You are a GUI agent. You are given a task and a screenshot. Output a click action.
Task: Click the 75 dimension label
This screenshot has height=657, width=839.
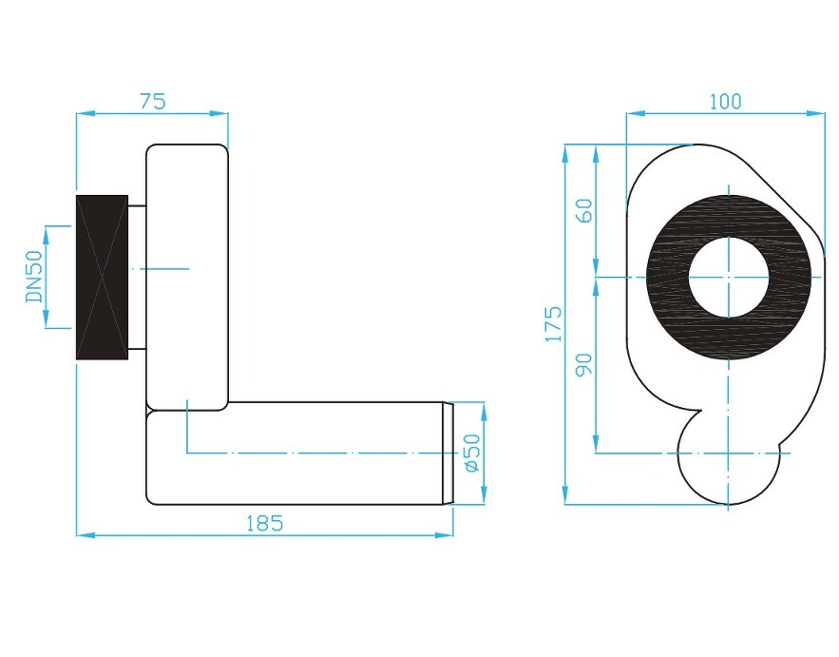(x=153, y=101)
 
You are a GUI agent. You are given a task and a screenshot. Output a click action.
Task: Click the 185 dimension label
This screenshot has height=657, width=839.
(x=264, y=523)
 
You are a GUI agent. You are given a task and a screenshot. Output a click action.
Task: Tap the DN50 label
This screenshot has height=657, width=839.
(x=35, y=277)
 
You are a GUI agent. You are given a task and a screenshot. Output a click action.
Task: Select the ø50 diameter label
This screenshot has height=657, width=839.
(x=472, y=453)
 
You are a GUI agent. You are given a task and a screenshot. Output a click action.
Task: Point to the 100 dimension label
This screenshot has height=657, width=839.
(x=726, y=101)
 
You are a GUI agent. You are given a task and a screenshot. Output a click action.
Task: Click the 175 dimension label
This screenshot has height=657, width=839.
(x=553, y=324)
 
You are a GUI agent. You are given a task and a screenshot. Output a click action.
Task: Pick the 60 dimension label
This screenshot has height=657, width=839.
(x=584, y=210)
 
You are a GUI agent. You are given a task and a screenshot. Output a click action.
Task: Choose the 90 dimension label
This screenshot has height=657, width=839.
(x=584, y=365)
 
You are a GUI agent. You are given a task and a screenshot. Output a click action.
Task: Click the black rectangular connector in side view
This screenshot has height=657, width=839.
(x=103, y=277)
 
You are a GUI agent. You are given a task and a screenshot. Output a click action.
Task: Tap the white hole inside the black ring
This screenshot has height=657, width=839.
(x=728, y=278)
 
